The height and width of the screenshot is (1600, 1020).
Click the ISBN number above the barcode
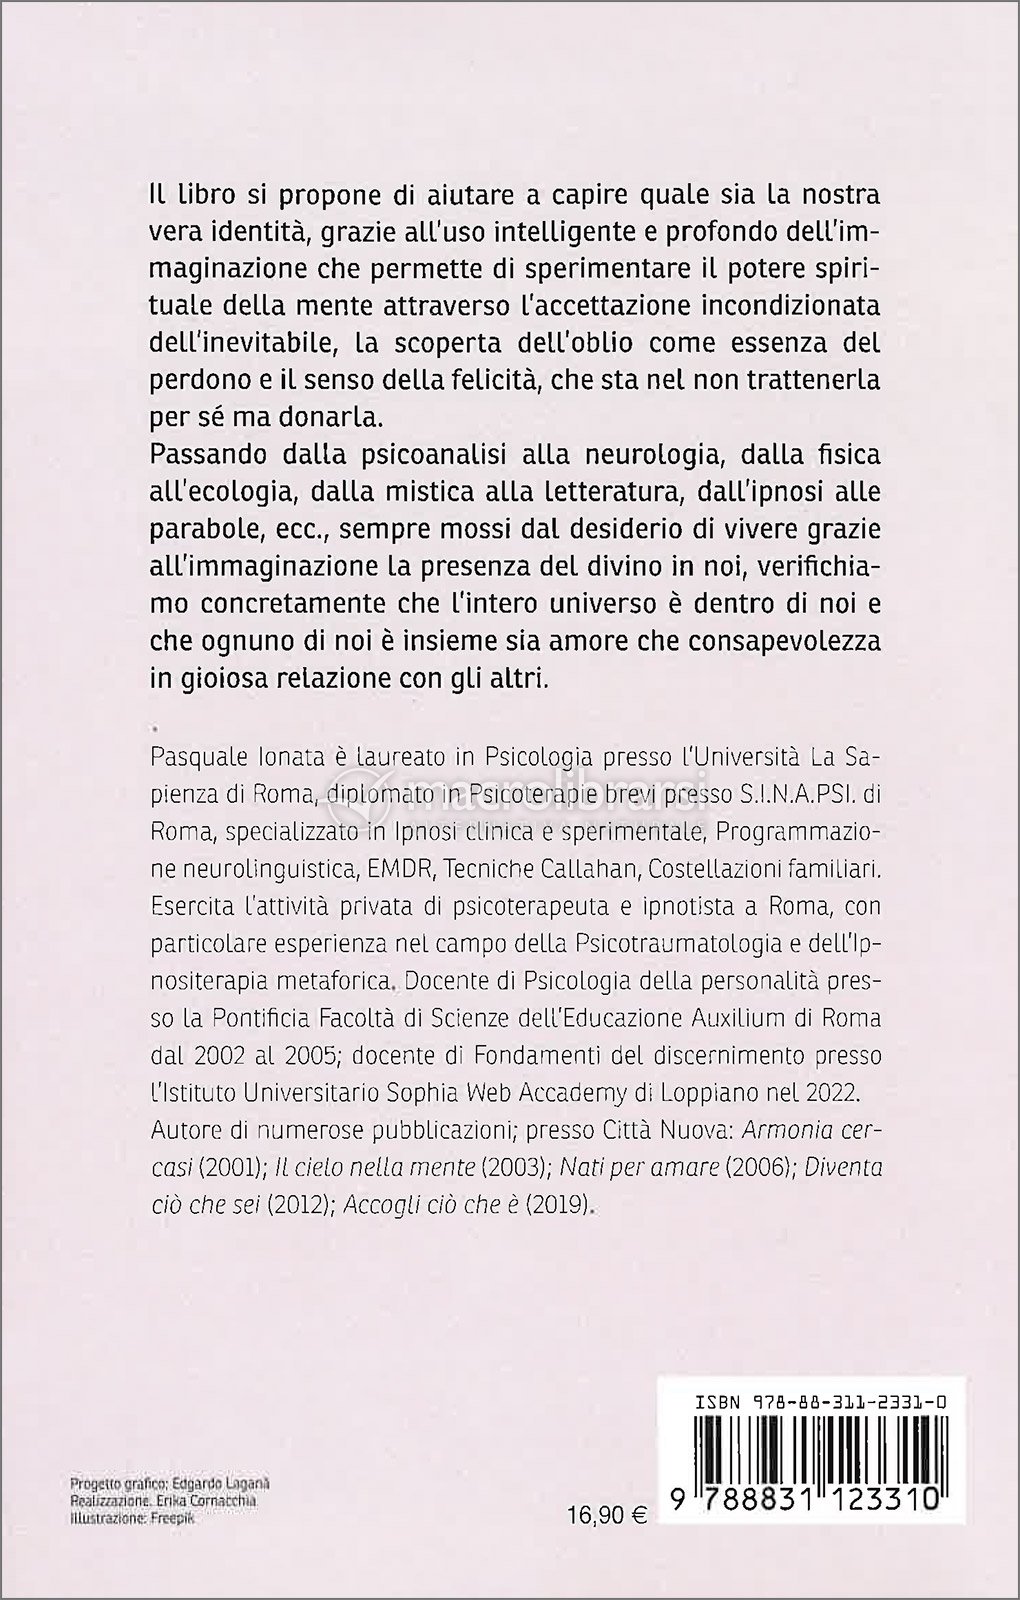click(820, 1376)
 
